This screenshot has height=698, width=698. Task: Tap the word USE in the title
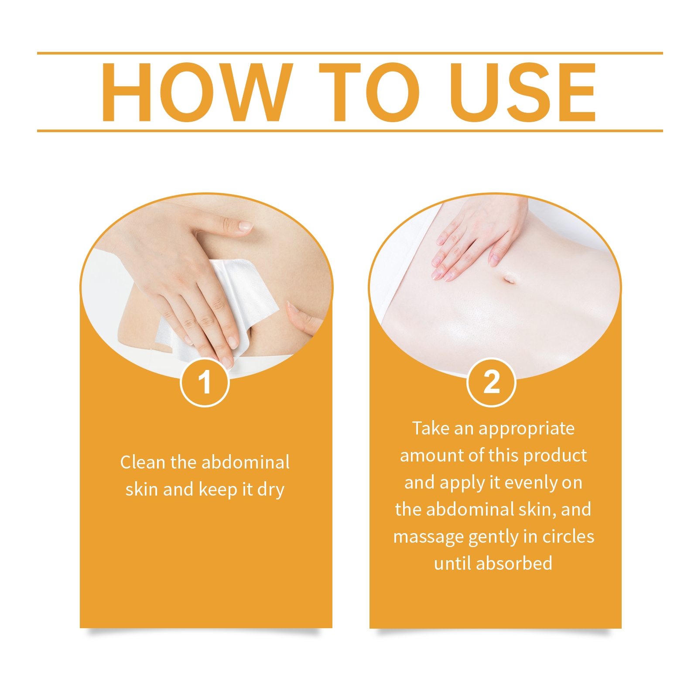tap(523, 92)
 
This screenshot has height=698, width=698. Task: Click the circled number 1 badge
tap(205, 382)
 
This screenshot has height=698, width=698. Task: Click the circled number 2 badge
tap(491, 382)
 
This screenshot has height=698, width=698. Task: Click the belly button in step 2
tap(509, 279)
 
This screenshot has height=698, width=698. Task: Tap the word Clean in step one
tap(143, 462)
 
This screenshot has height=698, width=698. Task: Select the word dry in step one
tap(270, 490)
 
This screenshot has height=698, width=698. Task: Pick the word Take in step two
tap(431, 428)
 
